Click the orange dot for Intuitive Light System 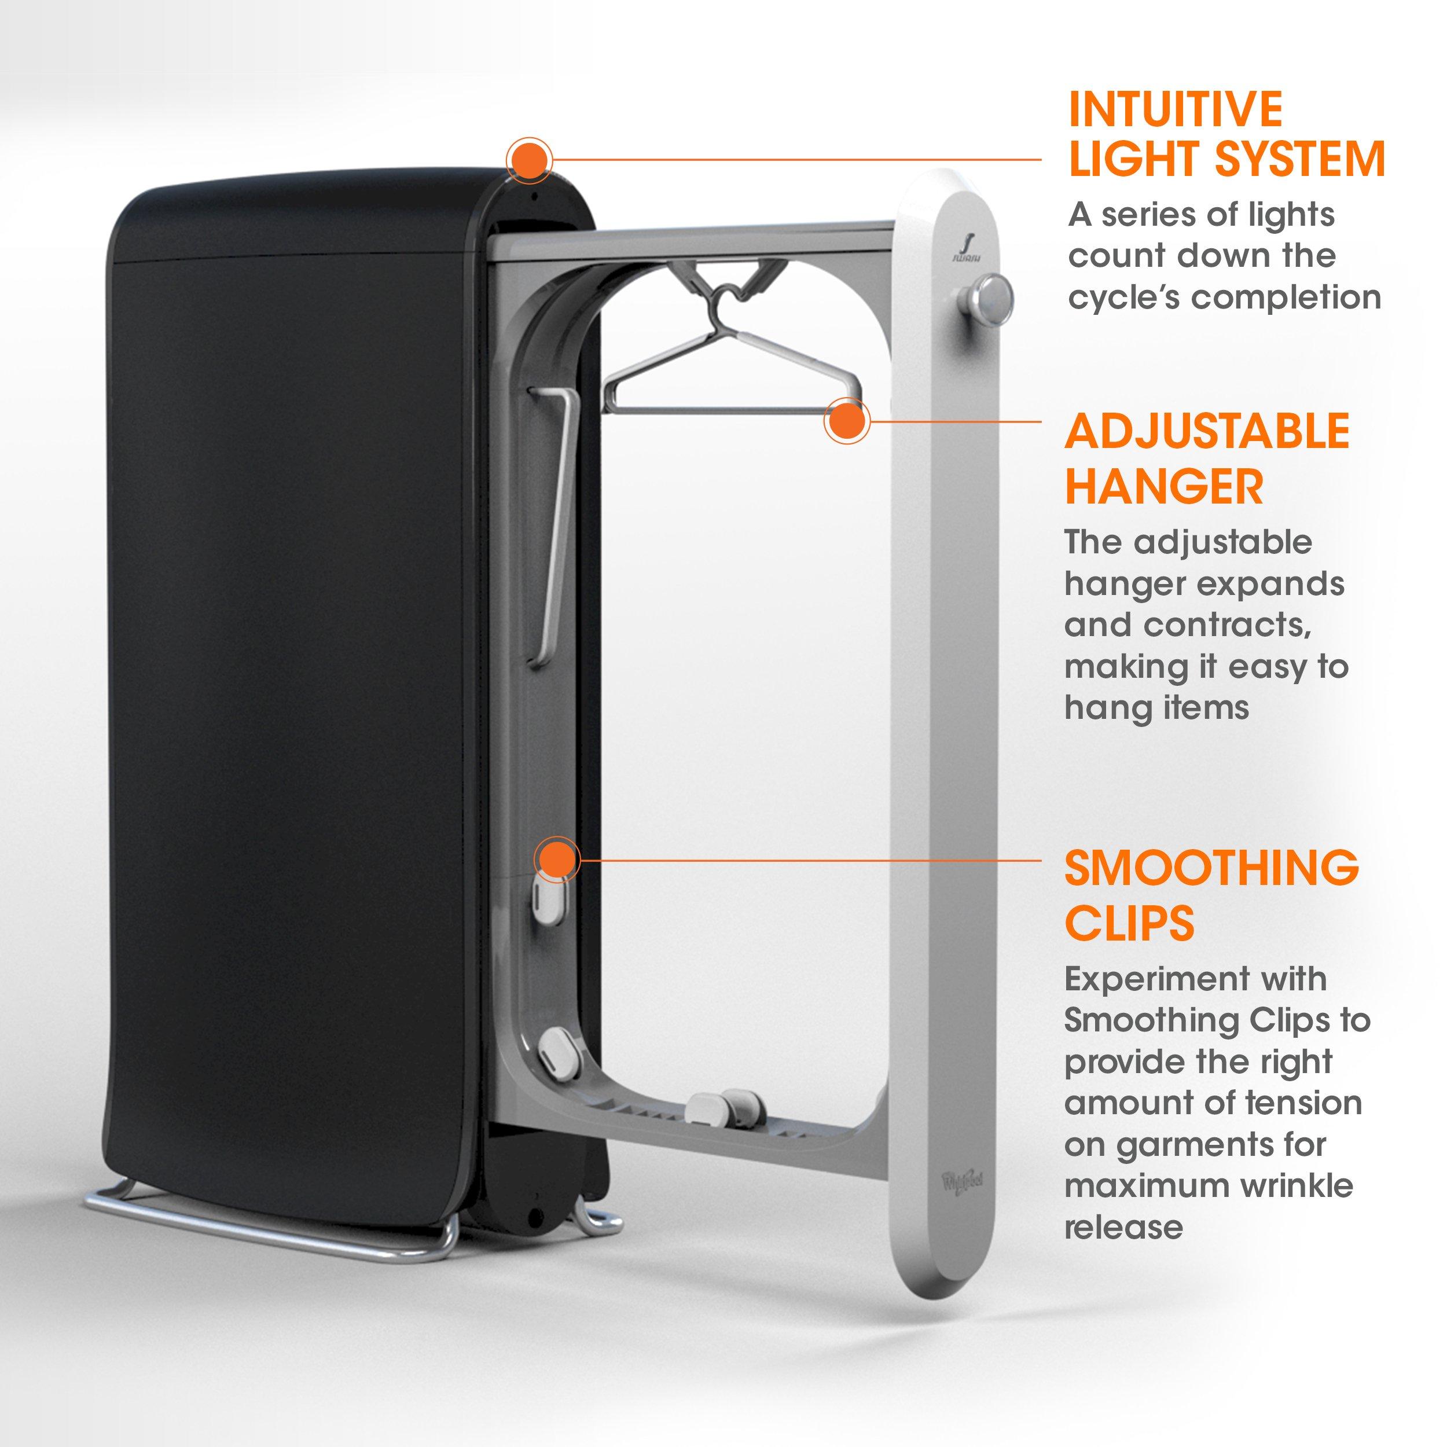(x=529, y=160)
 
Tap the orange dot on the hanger (x=846, y=422)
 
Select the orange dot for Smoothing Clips (x=556, y=859)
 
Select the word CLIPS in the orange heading (x=1129, y=923)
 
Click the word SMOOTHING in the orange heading (x=1211, y=868)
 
